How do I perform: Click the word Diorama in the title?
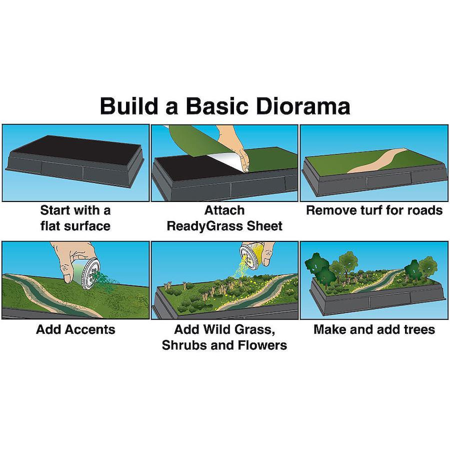click(x=303, y=106)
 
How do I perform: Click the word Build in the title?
click(x=129, y=106)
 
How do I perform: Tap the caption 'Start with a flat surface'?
click(x=75, y=218)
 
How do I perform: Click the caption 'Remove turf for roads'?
click(x=374, y=210)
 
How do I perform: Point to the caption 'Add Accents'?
click(x=76, y=329)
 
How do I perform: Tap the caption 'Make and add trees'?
click(x=374, y=329)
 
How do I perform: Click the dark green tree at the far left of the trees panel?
click(x=315, y=262)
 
